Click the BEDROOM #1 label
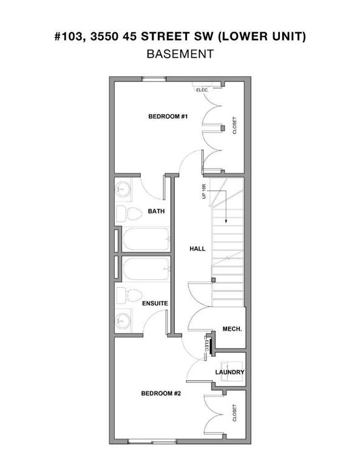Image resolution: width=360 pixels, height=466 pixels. [168, 116]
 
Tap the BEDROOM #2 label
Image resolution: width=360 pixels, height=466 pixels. [161, 393]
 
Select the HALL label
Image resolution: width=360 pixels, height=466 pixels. [197, 249]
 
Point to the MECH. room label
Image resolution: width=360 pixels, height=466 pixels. [232, 328]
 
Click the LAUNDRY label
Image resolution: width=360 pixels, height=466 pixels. [229, 372]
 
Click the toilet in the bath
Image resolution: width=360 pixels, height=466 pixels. [123, 213]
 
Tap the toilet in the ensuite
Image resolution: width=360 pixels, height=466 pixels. [123, 295]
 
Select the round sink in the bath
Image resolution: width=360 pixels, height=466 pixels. [124, 189]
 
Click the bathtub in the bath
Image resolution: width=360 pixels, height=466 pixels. [146, 240]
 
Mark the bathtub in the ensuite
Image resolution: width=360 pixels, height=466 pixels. [146, 269]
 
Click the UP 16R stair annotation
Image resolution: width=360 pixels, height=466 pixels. [205, 191]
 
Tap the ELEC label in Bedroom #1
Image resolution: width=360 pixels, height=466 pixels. [202, 90]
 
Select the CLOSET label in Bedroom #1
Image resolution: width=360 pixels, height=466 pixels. [234, 126]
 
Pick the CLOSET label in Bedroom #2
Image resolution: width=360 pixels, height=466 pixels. [234, 413]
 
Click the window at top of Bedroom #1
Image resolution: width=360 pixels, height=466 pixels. [154, 79]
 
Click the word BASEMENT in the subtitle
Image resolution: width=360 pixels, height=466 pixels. [180, 53]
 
